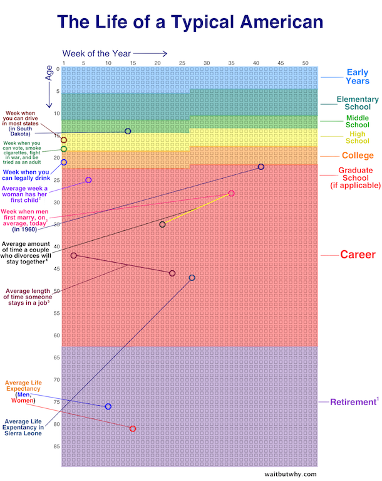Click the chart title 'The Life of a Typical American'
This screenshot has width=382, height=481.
tap(190, 23)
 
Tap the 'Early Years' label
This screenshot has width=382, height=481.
tap(358, 77)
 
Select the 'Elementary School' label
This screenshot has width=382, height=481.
tap(358, 103)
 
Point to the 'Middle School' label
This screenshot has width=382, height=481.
tap(358, 121)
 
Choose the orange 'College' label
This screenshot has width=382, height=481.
tap(358, 156)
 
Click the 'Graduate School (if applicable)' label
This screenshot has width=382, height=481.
tap(355, 177)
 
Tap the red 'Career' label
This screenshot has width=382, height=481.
tap(358, 255)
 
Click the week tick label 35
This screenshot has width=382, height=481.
tap(231, 63)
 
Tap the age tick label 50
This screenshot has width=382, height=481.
tap(57, 291)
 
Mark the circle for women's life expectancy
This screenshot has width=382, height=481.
tap(133, 429)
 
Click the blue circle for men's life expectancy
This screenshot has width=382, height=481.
tap(108, 406)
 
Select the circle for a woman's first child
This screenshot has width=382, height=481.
tap(88, 180)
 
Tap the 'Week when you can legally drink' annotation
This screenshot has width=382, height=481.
tap(27, 174)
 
